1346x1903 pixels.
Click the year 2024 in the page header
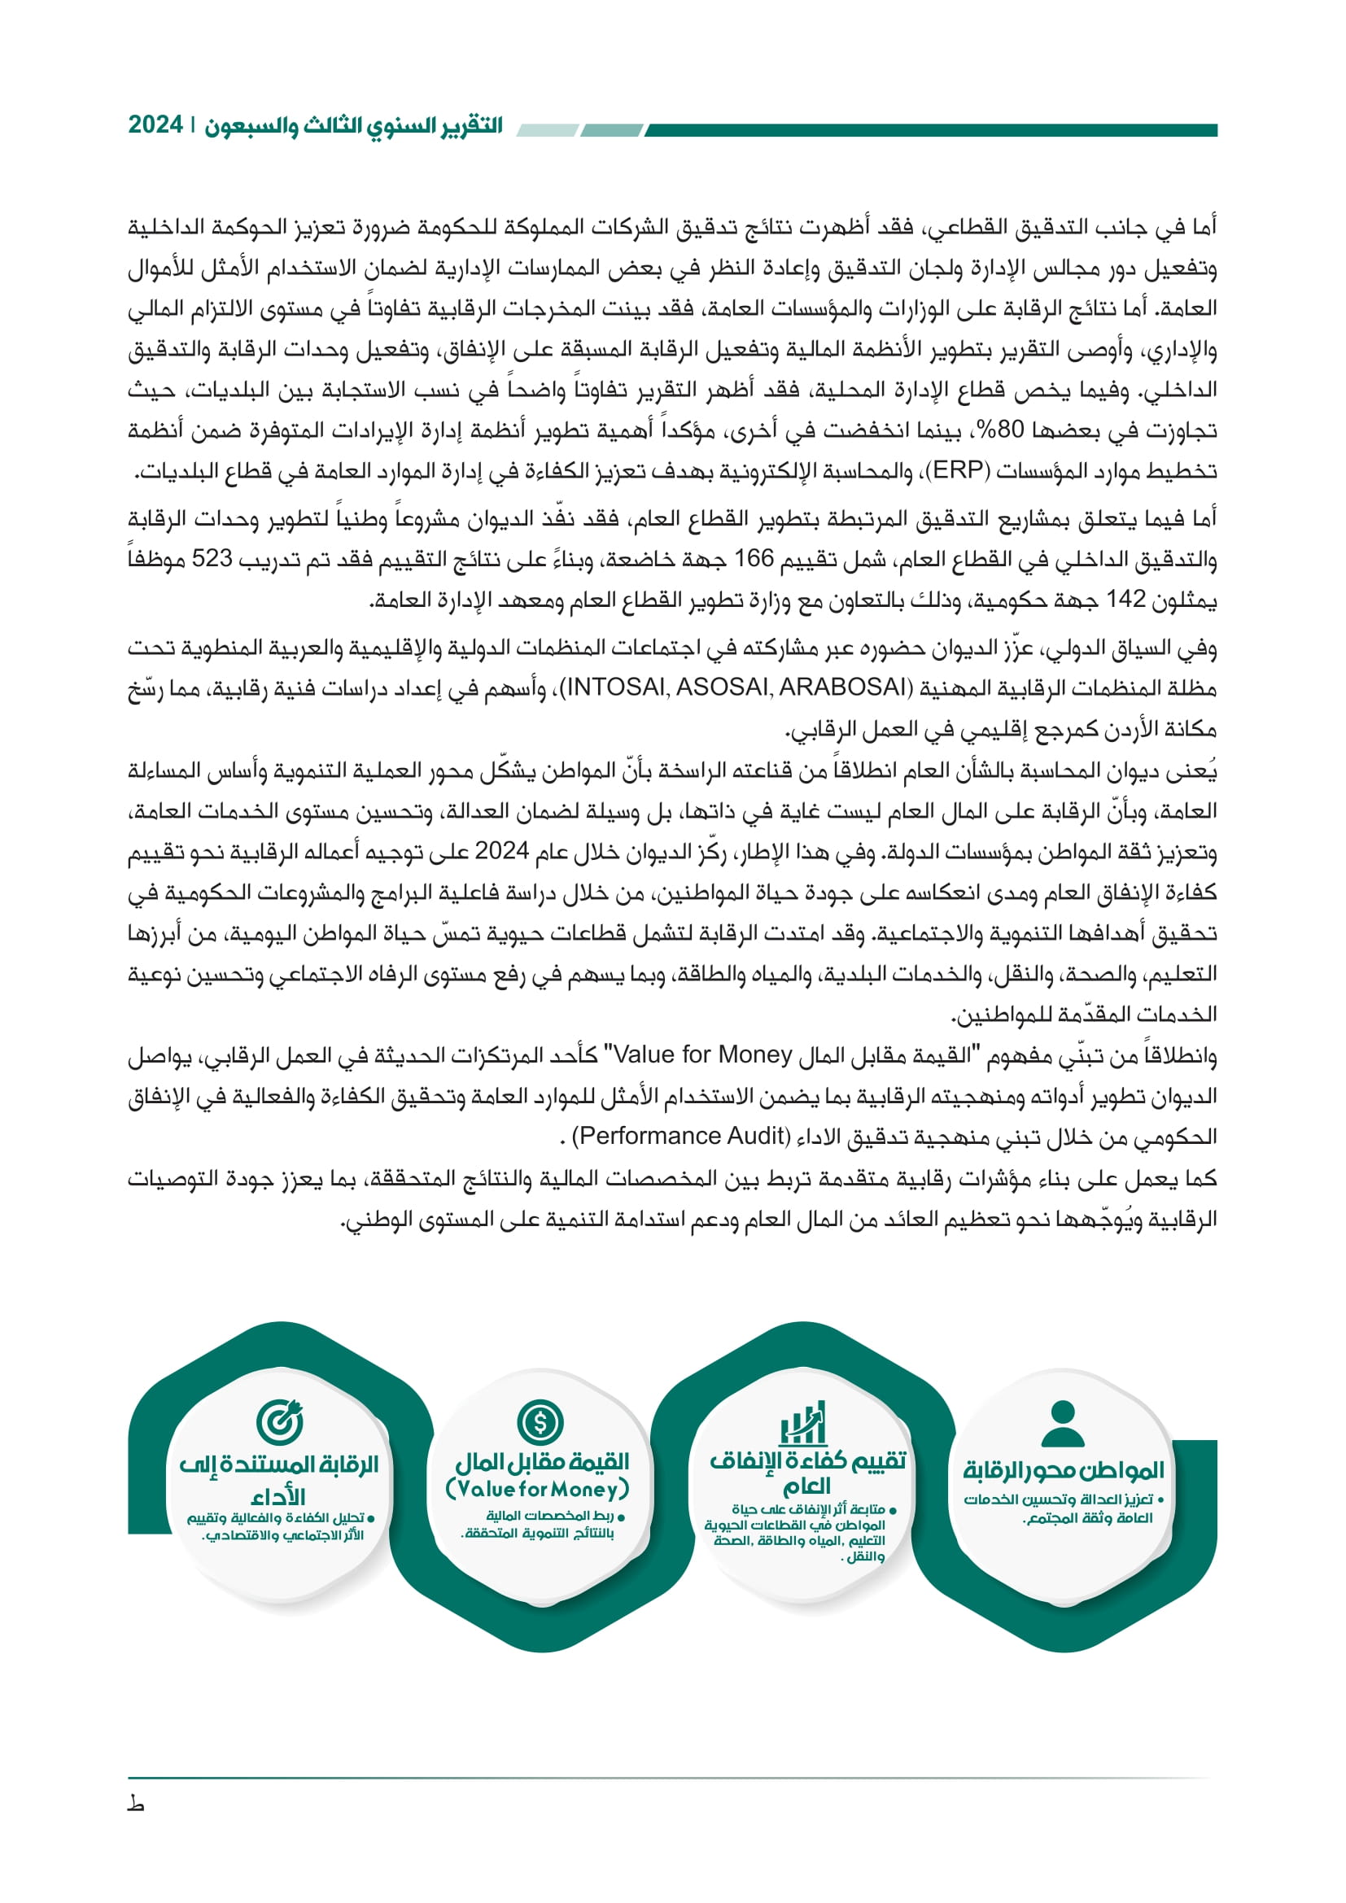(155, 125)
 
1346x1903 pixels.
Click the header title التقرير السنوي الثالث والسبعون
(355, 126)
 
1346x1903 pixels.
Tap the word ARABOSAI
(838, 688)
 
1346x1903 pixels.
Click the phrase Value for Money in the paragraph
(703, 1055)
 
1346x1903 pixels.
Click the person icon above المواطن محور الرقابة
(1063, 1424)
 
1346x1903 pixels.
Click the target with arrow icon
(279, 1421)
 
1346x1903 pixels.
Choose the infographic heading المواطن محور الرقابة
(1064, 1471)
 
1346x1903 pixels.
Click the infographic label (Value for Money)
(538, 1490)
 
